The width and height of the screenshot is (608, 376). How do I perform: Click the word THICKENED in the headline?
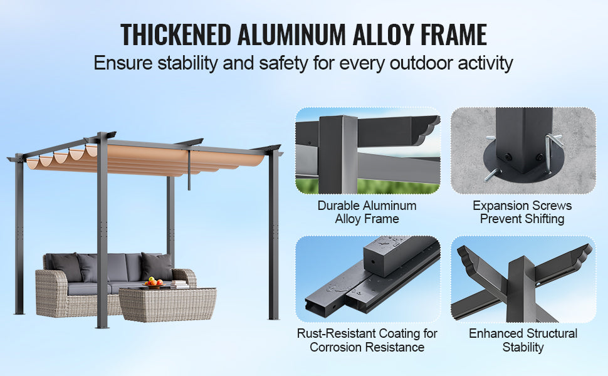coord(176,35)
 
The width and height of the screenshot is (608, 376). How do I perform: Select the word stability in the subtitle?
coord(187,63)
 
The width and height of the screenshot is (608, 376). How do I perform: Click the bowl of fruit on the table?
coord(154,283)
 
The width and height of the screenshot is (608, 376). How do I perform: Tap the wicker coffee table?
coord(167,305)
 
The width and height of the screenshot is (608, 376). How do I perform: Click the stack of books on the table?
coord(179,284)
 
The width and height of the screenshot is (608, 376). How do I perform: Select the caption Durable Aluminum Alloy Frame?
coord(367,212)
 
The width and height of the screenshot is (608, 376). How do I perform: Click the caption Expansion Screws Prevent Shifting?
coord(522,212)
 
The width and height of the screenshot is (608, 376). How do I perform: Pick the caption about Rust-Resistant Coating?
coord(367,340)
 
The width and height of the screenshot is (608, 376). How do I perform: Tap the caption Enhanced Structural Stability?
coord(523,340)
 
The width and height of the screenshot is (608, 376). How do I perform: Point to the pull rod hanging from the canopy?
coord(189,170)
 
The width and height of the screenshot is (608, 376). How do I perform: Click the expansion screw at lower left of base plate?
coord(492,175)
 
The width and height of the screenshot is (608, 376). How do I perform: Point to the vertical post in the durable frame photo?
coord(338,154)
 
